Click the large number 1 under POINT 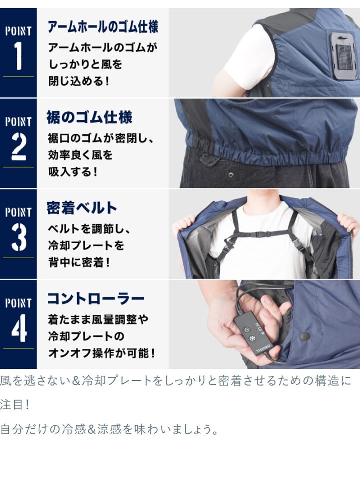pyautogui.click(x=18, y=56)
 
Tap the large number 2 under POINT pyautogui.click(x=18, y=146)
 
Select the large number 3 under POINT pyautogui.click(x=19, y=237)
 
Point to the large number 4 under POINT pyautogui.click(x=19, y=328)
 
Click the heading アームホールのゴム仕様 pyautogui.click(x=103, y=27)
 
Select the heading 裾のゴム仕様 pyautogui.click(x=89, y=117)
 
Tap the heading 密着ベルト pyautogui.click(x=82, y=208)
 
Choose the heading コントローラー pyautogui.click(x=96, y=299)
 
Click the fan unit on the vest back pyautogui.click(x=343, y=56)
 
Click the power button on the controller pyautogui.click(x=246, y=330)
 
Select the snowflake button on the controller pyautogui.click(x=252, y=338)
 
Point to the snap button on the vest pyautogui.click(x=305, y=336)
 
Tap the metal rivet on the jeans pyautogui.click(x=231, y=175)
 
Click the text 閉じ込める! pyautogui.click(x=79, y=81)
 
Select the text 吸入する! pyautogui.click(x=73, y=172)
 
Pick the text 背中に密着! pyautogui.click(x=79, y=262)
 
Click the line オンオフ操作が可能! pyautogui.click(x=102, y=353)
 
